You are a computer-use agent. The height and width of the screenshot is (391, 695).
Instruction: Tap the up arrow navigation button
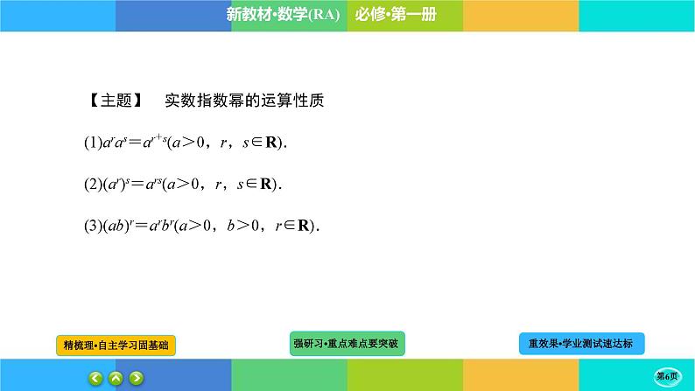click(x=116, y=378)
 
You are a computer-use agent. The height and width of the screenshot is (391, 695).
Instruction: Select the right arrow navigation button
click(x=136, y=378)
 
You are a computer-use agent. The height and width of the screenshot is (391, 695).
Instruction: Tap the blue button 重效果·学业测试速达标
click(x=580, y=344)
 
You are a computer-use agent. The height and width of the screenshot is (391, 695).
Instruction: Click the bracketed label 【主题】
click(x=116, y=101)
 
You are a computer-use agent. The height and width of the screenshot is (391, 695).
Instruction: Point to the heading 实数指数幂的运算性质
click(x=245, y=101)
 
